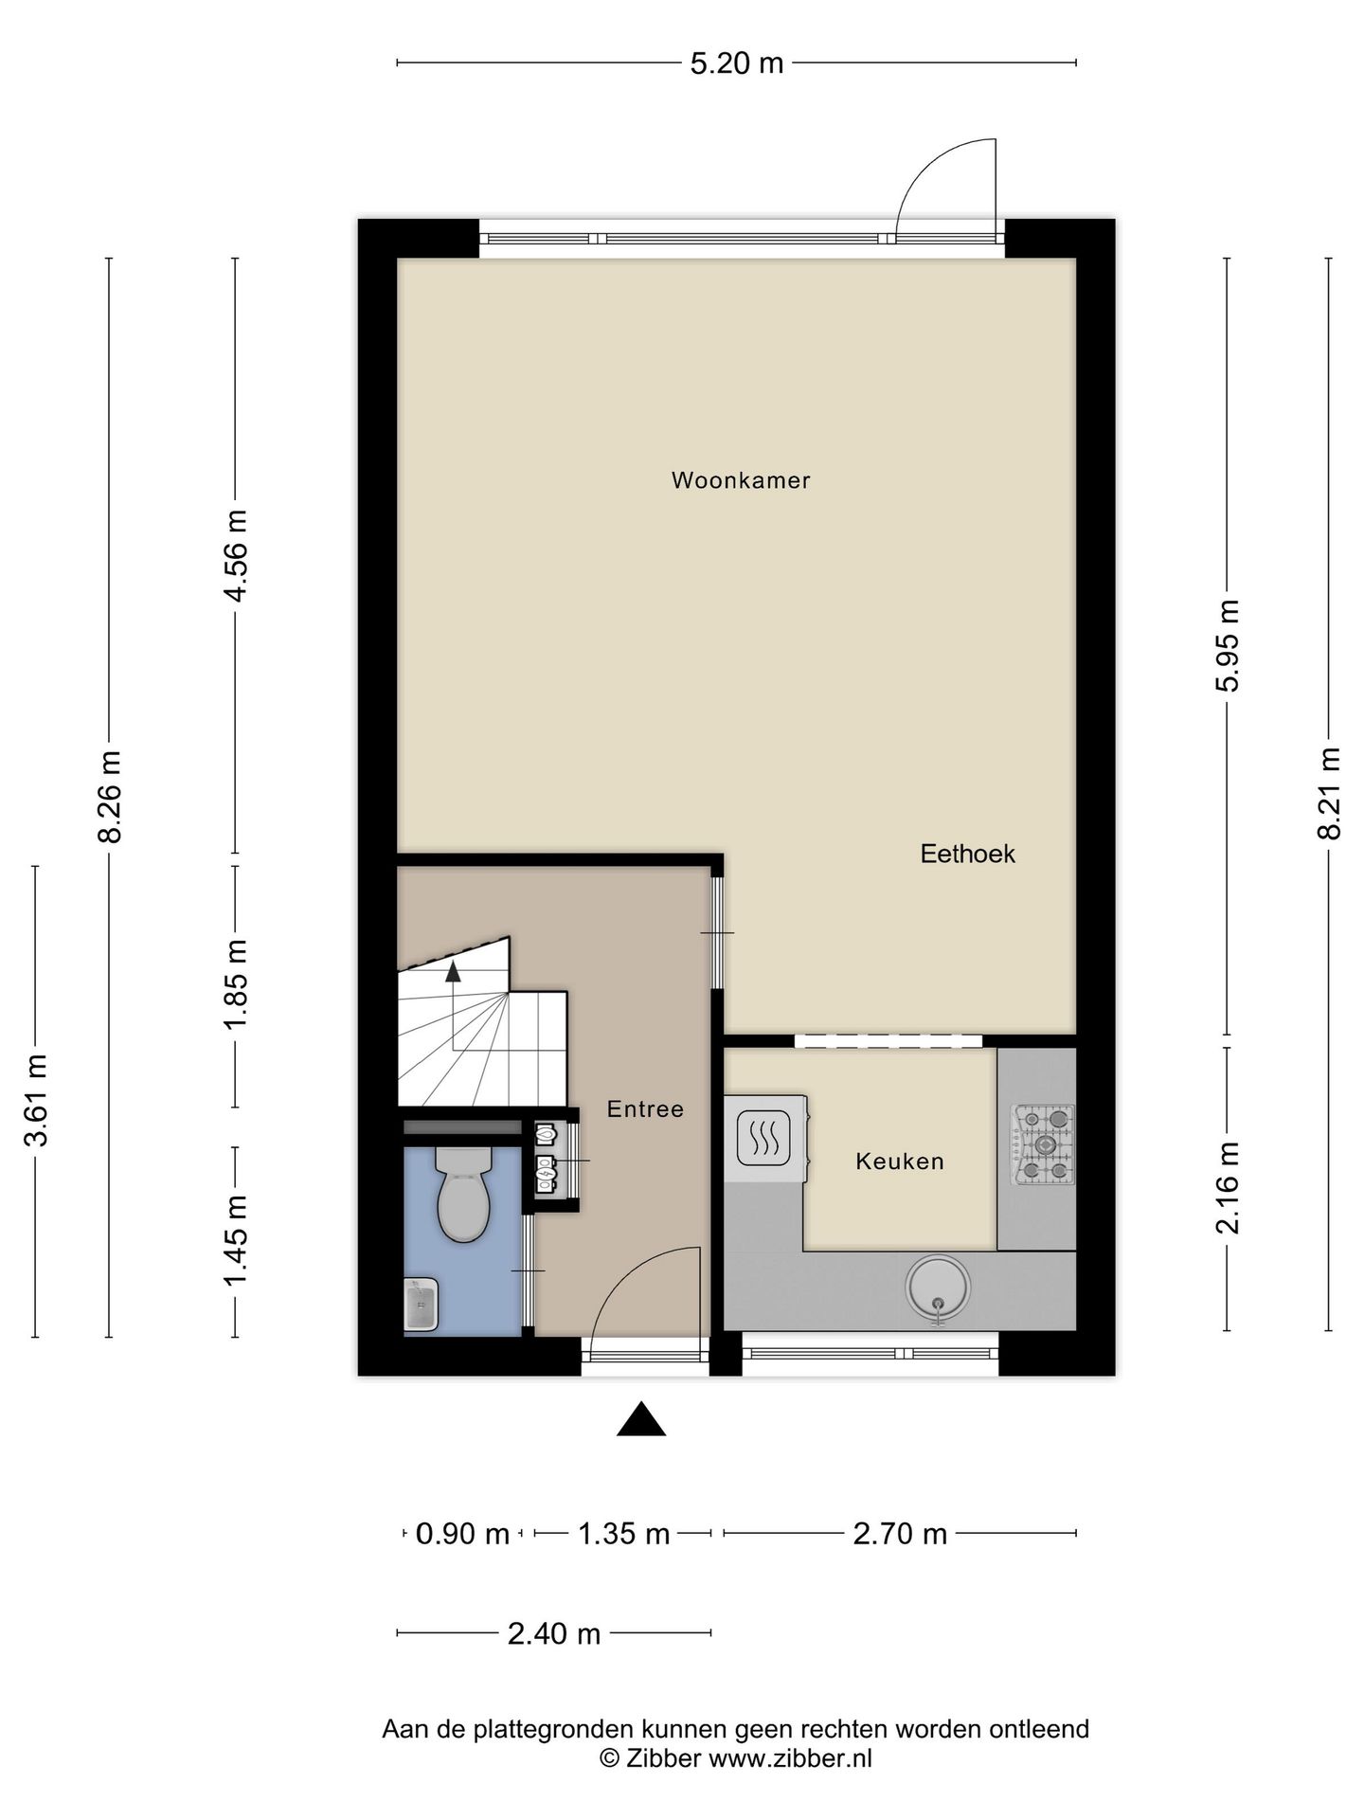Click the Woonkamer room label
point(741,480)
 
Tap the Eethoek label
point(967,854)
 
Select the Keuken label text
point(899,1162)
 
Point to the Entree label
point(645,1108)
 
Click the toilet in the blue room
point(463,1194)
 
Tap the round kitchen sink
point(938,1288)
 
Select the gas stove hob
point(1044,1145)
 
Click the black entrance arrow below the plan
point(641,1419)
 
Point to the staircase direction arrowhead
point(453,971)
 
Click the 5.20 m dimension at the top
point(736,63)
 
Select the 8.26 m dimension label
point(111,797)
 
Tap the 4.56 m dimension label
point(235,555)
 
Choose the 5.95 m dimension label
point(1228,646)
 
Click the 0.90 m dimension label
point(462,1534)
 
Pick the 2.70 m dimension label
point(900,1534)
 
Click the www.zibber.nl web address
point(790,1758)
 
